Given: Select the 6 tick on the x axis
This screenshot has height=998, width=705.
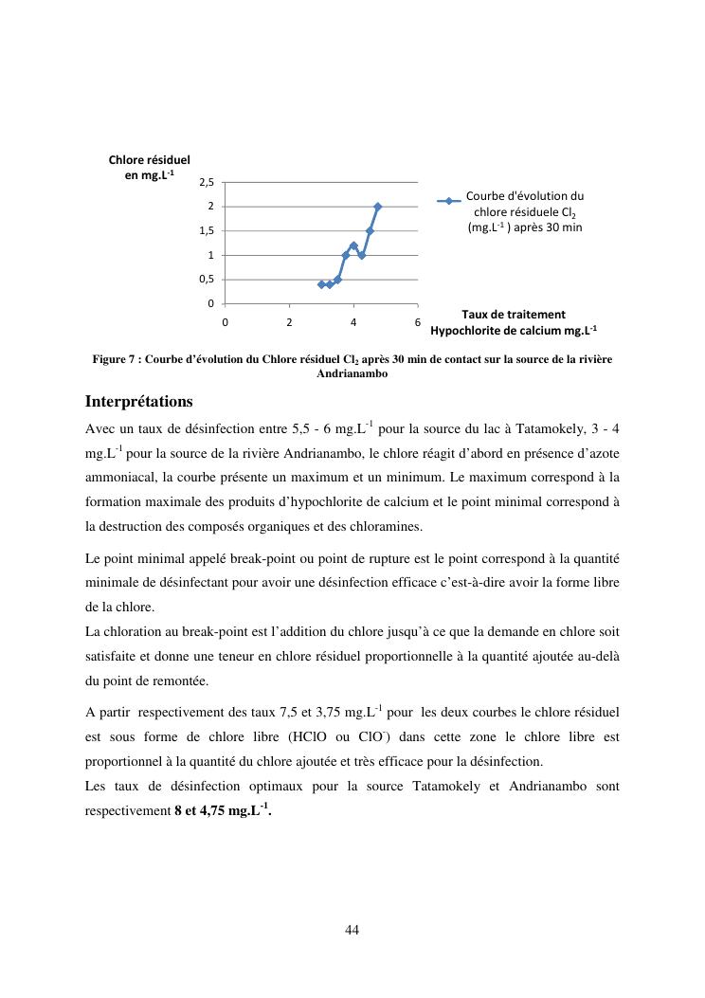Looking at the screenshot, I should click(x=418, y=321).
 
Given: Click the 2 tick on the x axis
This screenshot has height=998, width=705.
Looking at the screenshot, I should click(x=289, y=321).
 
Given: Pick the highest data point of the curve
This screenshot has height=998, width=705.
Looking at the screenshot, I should click(x=378, y=207).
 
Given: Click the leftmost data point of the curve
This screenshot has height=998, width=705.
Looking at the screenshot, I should click(x=321, y=284).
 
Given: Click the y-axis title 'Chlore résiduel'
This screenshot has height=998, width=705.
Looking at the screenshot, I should click(x=149, y=160).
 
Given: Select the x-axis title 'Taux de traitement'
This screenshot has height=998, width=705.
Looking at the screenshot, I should click(x=514, y=315).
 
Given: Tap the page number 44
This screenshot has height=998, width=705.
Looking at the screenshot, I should click(x=352, y=930).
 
